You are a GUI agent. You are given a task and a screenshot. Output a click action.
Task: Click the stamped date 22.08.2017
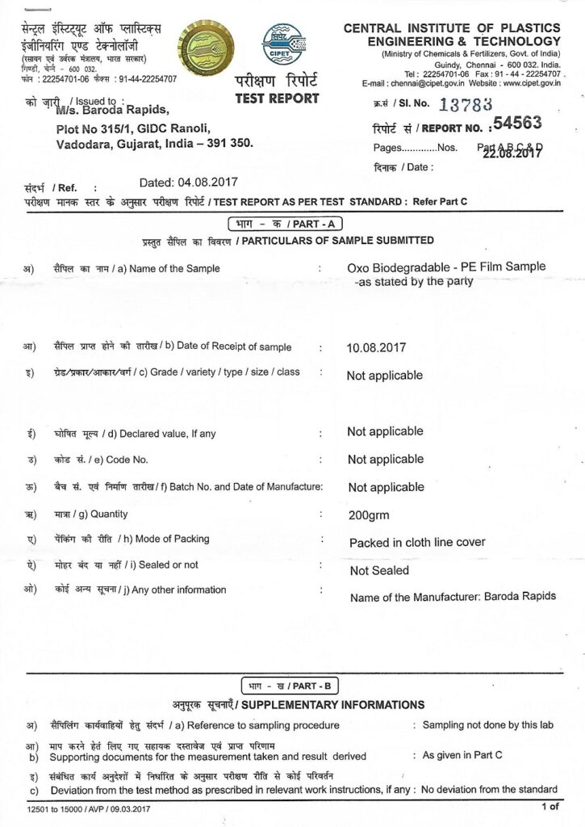click(512, 154)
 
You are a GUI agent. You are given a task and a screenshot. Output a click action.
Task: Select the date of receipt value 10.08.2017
click(376, 348)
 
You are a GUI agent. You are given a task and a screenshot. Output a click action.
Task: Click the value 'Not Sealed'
click(379, 570)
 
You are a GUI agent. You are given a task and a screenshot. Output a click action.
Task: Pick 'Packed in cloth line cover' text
click(417, 543)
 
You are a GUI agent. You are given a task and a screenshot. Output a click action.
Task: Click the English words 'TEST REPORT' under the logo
click(277, 99)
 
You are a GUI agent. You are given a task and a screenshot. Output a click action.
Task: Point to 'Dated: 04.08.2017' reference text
click(188, 182)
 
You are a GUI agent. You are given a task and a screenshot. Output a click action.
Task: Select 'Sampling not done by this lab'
click(488, 725)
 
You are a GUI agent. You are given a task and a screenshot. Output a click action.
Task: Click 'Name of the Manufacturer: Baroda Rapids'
click(453, 597)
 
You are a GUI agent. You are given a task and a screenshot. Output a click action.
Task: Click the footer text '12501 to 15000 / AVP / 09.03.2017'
click(88, 808)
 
